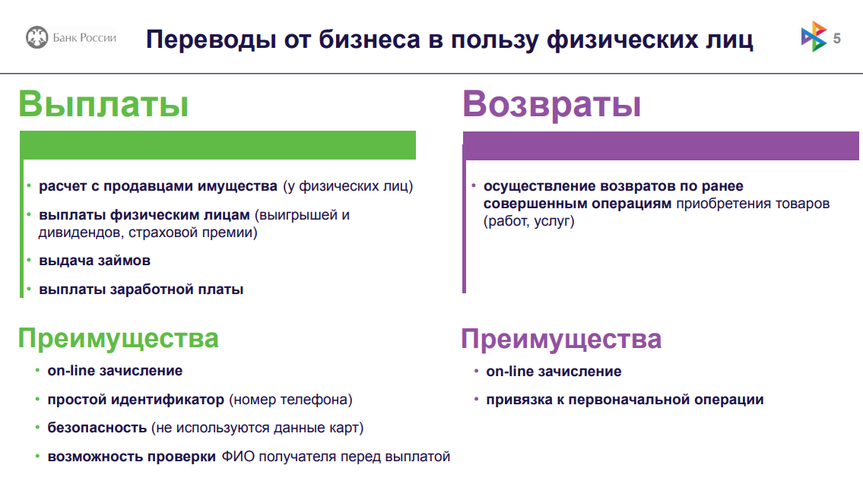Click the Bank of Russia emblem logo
point(36,37)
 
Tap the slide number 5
point(836,39)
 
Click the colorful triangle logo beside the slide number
point(814,37)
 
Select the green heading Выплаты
point(103,103)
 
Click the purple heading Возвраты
point(551,105)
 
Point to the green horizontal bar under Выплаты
point(218,145)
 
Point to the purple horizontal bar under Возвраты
point(661,146)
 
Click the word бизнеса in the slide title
point(370,40)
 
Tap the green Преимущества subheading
point(119,338)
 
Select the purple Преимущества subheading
point(561,339)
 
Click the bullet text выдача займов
point(95,261)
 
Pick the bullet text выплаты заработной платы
point(141,289)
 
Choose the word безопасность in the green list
point(97,428)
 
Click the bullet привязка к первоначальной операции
point(625,400)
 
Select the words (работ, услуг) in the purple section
point(529,221)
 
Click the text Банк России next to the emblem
point(84,38)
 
